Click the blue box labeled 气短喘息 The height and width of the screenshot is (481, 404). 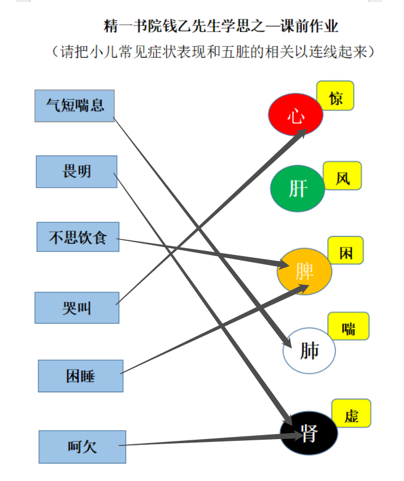pos(75,106)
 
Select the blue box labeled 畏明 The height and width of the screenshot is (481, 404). pos(77,171)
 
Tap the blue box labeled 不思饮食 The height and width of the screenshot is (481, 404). pos(78,237)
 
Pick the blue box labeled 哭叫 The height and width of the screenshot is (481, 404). pos(77,307)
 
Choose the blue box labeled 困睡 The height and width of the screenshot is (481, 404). pos(81,376)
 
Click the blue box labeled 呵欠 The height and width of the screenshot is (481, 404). pos(82,447)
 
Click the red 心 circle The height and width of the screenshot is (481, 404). pos(296,114)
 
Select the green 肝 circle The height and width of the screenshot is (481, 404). pos(298,188)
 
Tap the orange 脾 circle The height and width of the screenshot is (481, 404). pos(305,271)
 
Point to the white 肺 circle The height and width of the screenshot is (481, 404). pos(309,350)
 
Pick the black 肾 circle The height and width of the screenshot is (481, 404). pos(309,433)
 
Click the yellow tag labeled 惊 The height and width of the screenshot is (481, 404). pos(335,96)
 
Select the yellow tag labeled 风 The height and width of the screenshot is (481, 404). pos(342,176)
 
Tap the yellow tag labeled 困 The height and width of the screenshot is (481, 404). pos(346,250)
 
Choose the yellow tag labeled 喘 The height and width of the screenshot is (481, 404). pos(349,326)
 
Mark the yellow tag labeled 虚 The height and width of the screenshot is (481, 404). pos(351,413)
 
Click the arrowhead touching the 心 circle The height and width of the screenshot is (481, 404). pos(302,133)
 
